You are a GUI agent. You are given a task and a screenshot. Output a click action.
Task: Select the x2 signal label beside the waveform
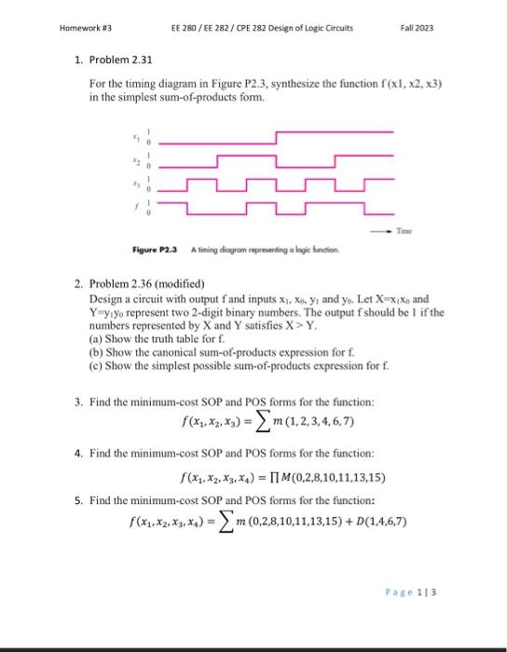[x=135, y=158]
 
